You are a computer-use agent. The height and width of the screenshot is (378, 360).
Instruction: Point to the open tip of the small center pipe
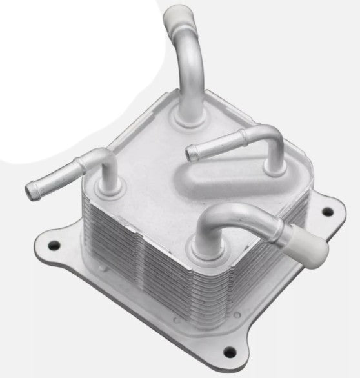(x=190, y=152)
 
